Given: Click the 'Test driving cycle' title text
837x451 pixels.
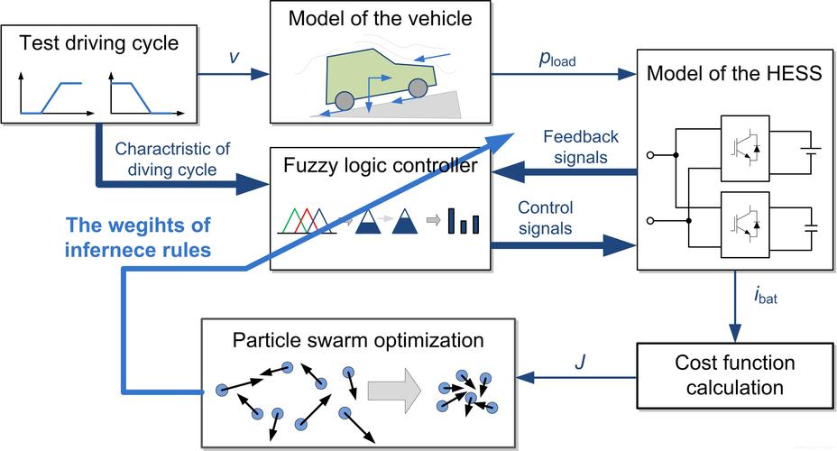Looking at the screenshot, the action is (99, 43).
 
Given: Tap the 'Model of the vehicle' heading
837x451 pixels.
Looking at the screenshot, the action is (380, 19).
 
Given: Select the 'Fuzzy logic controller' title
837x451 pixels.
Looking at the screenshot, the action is (380, 165).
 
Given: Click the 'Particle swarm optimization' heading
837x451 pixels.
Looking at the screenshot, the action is (358, 341).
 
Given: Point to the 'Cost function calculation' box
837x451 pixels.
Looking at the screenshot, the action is (735, 376).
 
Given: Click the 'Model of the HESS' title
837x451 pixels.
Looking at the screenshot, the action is (734, 73).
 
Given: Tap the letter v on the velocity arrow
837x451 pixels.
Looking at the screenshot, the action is (234, 57).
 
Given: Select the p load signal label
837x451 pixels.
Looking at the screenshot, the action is (556, 60).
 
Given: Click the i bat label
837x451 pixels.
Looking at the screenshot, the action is (766, 295).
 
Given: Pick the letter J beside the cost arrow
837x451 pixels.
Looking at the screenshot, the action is (580, 363).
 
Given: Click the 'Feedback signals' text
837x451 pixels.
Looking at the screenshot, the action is (581, 147).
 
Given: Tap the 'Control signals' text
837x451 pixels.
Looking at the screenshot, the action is (545, 217).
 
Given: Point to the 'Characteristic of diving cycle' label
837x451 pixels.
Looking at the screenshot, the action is (172, 159).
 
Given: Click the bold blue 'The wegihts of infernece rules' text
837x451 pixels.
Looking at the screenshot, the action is (138, 237).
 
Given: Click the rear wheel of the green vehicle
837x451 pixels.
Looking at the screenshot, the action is (345, 100).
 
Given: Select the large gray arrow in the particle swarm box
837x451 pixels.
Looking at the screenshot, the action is (394, 391).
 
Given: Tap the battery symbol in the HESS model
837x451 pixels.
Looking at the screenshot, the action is (810, 152).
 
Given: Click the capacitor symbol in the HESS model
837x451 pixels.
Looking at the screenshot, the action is (811, 228).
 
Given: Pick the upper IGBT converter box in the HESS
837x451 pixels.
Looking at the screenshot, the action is (745, 148).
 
